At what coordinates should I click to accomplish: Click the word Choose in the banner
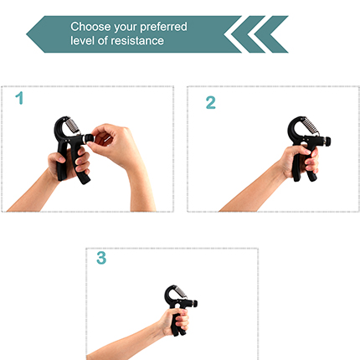(x=90, y=27)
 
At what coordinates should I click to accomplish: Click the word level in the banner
(x=84, y=40)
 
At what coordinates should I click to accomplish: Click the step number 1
(x=19, y=100)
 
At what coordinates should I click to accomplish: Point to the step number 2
(x=210, y=102)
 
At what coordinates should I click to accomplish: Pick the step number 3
(x=101, y=259)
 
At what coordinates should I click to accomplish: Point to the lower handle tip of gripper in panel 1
(x=85, y=178)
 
